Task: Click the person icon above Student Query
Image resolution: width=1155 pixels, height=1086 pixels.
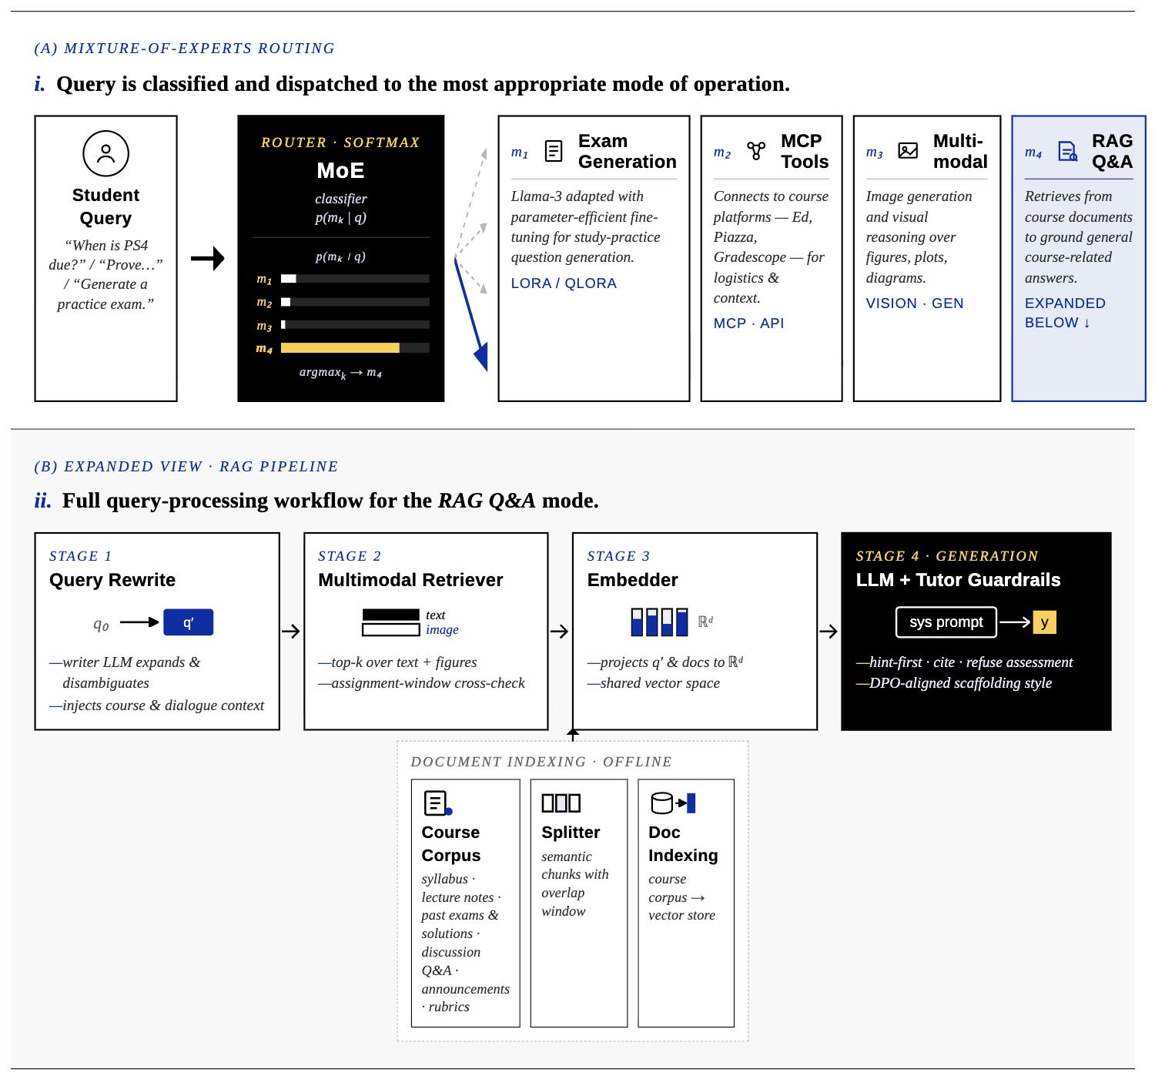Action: tap(105, 153)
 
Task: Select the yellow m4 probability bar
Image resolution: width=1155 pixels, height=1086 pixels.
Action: tap(340, 348)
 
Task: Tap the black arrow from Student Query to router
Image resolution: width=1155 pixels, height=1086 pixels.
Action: tap(208, 258)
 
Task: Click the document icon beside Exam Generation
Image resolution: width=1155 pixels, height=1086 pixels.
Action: tap(553, 151)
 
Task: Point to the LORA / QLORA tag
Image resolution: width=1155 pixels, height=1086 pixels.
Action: tap(564, 283)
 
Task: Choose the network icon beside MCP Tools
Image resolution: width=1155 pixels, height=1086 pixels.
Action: tap(755, 151)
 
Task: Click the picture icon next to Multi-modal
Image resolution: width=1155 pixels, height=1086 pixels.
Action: tap(907, 151)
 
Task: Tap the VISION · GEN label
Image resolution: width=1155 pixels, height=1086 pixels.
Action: tap(914, 303)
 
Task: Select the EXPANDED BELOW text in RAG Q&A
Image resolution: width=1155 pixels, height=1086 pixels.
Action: tap(1064, 313)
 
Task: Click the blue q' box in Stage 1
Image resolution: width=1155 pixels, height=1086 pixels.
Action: tap(188, 622)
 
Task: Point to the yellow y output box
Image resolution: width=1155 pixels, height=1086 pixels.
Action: tap(1044, 622)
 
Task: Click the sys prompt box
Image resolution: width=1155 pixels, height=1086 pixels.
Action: tap(946, 622)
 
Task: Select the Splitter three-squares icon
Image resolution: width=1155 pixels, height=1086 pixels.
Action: tap(561, 803)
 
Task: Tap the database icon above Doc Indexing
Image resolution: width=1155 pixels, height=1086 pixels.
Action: tap(661, 803)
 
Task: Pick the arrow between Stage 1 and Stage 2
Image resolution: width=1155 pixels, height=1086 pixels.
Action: tap(291, 631)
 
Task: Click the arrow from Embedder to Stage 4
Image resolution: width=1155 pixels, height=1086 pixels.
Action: tap(829, 631)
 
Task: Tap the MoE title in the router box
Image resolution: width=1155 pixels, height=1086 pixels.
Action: tap(340, 170)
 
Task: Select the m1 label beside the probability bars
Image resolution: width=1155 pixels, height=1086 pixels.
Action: tap(264, 280)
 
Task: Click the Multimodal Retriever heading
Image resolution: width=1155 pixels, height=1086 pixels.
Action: tap(410, 580)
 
